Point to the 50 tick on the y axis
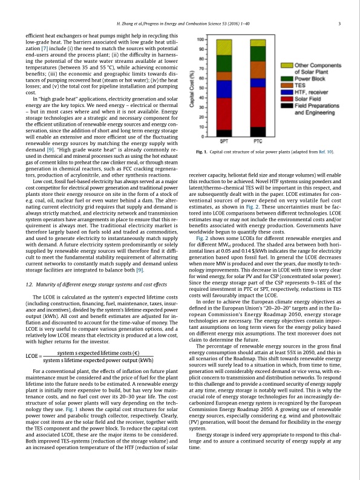(200, 88)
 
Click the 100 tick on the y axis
(199, 39)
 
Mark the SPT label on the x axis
(223, 141)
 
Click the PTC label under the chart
(258, 141)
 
